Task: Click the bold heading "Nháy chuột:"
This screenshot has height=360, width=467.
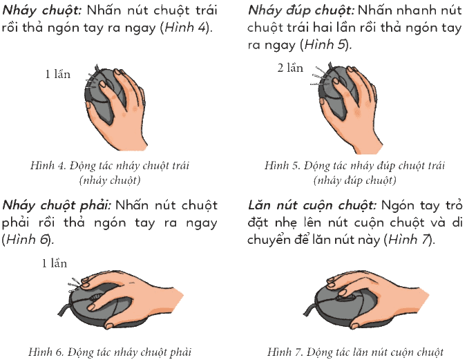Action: tap(41, 11)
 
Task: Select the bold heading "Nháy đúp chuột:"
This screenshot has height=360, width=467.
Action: tap(301, 11)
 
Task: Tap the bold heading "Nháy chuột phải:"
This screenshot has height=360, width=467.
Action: tap(57, 206)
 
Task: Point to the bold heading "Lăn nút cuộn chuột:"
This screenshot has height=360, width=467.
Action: tap(312, 206)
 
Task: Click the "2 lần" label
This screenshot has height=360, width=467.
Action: tap(290, 68)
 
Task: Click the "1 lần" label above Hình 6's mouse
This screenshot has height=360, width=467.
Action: tap(54, 263)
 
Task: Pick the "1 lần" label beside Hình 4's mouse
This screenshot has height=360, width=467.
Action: tap(58, 74)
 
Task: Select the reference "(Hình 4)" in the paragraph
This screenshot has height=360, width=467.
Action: tap(185, 28)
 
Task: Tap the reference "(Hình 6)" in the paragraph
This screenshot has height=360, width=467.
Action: tap(27, 240)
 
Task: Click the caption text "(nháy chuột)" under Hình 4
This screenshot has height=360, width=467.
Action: tap(110, 180)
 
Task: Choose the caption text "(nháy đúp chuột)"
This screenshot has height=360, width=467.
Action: tap(354, 180)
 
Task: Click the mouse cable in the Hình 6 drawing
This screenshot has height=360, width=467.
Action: tap(64, 309)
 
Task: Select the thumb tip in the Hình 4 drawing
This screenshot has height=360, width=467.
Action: tap(88, 104)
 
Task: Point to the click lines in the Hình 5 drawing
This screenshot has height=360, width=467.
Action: tap(320, 77)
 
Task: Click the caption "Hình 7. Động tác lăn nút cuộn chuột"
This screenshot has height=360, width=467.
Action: tap(355, 352)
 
